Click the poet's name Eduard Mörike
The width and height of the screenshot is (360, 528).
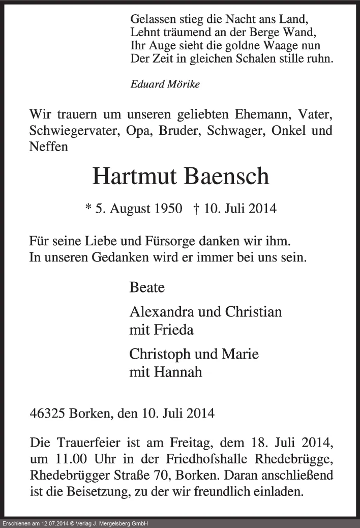(165, 84)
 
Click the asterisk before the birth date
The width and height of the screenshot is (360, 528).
(88, 209)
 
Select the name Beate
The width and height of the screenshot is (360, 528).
(147, 287)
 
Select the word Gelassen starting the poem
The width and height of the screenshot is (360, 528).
(153, 20)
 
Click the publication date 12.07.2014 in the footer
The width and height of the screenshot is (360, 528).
(57, 524)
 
